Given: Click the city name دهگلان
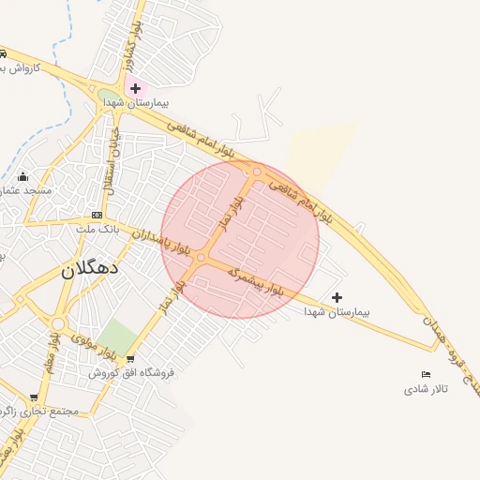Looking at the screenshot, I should pyautogui.click(x=90, y=268).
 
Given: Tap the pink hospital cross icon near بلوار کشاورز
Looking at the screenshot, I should pyautogui.click(x=135, y=88).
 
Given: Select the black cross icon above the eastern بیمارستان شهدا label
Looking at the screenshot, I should pyautogui.click(x=337, y=297).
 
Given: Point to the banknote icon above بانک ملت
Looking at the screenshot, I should pyautogui.click(x=96, y=215).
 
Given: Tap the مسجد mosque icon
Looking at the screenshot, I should pyautogui.click(x=22, y=176).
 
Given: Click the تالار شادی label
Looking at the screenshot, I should pyautogui.click(x=427, y=388).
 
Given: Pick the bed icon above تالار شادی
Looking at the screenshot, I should pyautogui.click(x=427, y=375).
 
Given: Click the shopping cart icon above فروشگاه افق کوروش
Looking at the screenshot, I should pyautogui.click(x=130, y=359).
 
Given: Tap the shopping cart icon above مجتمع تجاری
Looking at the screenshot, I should pyautogui.click(x=34, y=397).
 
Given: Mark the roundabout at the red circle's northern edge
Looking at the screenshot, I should pyautogui.click(x=256, y=172).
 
